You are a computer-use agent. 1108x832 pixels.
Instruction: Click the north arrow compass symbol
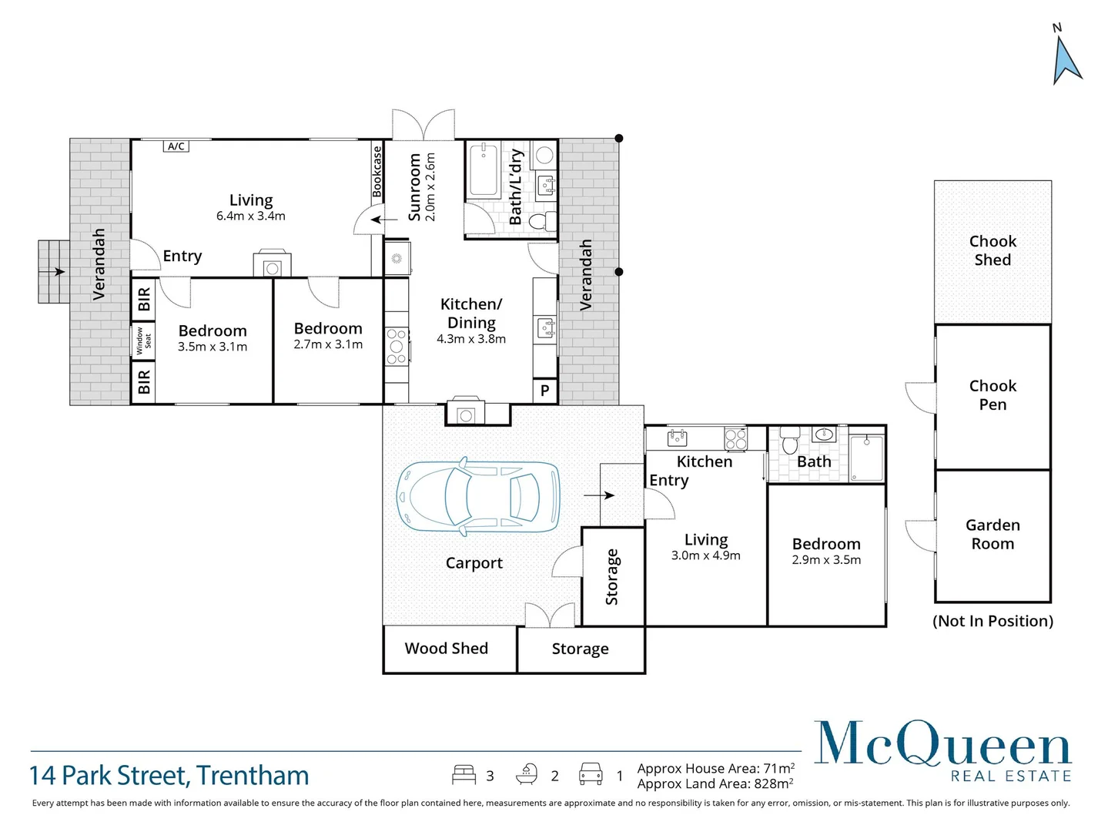tap(1066, 59)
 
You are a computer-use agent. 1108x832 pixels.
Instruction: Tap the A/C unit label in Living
tap(176, 146)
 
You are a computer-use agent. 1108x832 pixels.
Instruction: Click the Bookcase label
tap(377, 172)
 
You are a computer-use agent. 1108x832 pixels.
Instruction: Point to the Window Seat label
tap(144, 340)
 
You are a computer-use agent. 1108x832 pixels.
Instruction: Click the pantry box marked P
tap(544, 391)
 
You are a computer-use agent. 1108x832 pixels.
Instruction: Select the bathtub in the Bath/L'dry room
tap(484, 169)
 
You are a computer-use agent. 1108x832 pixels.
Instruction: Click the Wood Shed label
tap(447, 649)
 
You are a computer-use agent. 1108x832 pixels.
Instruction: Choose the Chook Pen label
tap(993, 395)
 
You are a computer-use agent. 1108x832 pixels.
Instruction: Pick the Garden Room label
tap(993, 535)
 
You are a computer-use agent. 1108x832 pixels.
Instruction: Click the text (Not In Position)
tap(993, 621)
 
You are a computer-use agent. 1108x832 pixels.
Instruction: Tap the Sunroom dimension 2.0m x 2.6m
tap(430, 187)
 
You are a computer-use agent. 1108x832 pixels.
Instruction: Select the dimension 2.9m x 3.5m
tap(826, 560)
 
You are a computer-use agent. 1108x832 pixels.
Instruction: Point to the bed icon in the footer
tap(464, 774)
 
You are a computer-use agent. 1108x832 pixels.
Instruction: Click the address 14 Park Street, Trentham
tap(169, 776)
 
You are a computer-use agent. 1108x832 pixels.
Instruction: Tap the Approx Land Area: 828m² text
tap(715, 784)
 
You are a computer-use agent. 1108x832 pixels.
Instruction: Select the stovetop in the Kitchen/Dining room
tap(397, 347)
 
